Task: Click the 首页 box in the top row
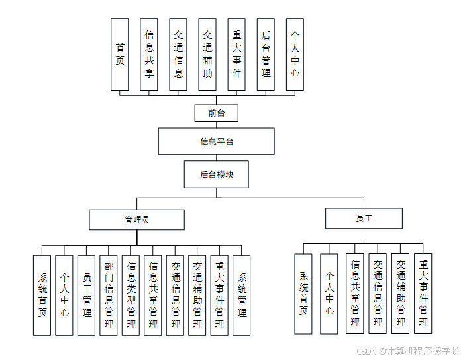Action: [120, 54]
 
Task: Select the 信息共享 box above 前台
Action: [149, 54]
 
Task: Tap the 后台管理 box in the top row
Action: [266, 54]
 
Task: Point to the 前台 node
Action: [216, 113]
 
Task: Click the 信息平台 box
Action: [216, 141]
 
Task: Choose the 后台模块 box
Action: [216, 175]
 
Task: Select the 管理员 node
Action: [136, 219]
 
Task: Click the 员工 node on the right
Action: [364, 218]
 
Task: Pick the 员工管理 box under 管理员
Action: [87, 295]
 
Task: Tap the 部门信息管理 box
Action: [109, 295]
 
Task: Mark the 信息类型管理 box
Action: [131, 295]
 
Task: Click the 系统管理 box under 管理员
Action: [242, 295]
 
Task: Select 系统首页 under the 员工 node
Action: [303, 294]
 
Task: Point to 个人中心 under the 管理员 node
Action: [64, 295]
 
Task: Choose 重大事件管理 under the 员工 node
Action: [423, 294]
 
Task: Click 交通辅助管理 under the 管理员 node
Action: [197, 295]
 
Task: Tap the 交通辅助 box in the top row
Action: [207, 54]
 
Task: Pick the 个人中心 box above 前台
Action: [295, 54]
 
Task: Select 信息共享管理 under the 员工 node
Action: [355, 294]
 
